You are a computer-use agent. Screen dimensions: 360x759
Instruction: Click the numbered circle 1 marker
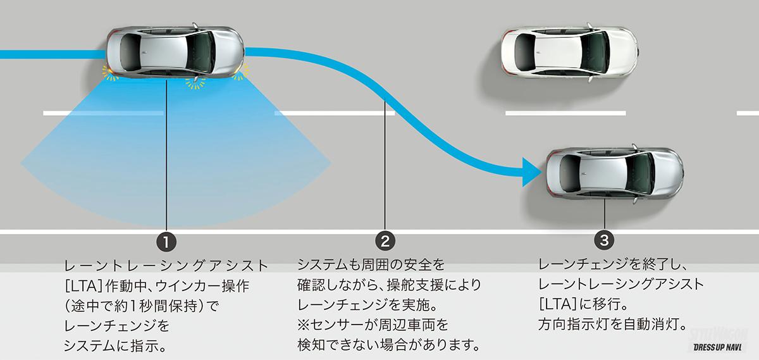[x=166, y=241]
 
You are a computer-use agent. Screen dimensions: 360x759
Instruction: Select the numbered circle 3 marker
[x=604, y=240]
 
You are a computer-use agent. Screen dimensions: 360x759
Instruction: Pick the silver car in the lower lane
[x=614, y=174]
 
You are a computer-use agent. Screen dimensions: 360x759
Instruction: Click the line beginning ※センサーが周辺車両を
[x=373, y=325]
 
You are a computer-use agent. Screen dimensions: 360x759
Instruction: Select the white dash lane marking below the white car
[x=565, y=113]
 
